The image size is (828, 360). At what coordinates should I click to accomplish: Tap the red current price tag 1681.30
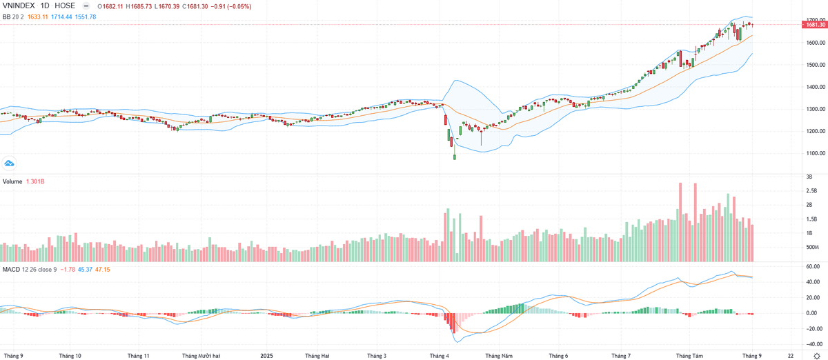tap(814, 25)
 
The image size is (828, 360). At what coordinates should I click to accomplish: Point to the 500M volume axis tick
tap(812, 248)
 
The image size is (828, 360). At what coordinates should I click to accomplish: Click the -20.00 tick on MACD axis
tap(811, 328)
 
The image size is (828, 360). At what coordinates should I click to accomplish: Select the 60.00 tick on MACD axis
tap(812, 266)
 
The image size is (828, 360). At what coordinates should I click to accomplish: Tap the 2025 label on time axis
tap(268, 356)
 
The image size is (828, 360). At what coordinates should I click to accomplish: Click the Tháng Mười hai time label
tap(201, 356)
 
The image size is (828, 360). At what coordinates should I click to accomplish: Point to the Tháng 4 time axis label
tap(439, 356)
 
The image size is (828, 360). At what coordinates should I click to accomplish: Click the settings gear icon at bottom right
tap(816, 355)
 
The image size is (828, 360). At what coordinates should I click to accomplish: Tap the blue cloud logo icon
tap(10, 163)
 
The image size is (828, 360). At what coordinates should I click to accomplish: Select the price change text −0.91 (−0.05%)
tap(230, 6)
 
